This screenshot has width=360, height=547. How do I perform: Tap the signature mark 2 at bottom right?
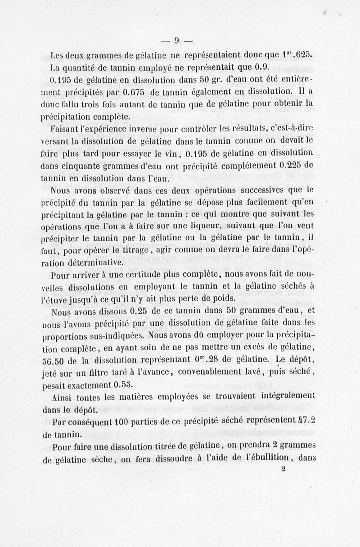pos(283,468)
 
